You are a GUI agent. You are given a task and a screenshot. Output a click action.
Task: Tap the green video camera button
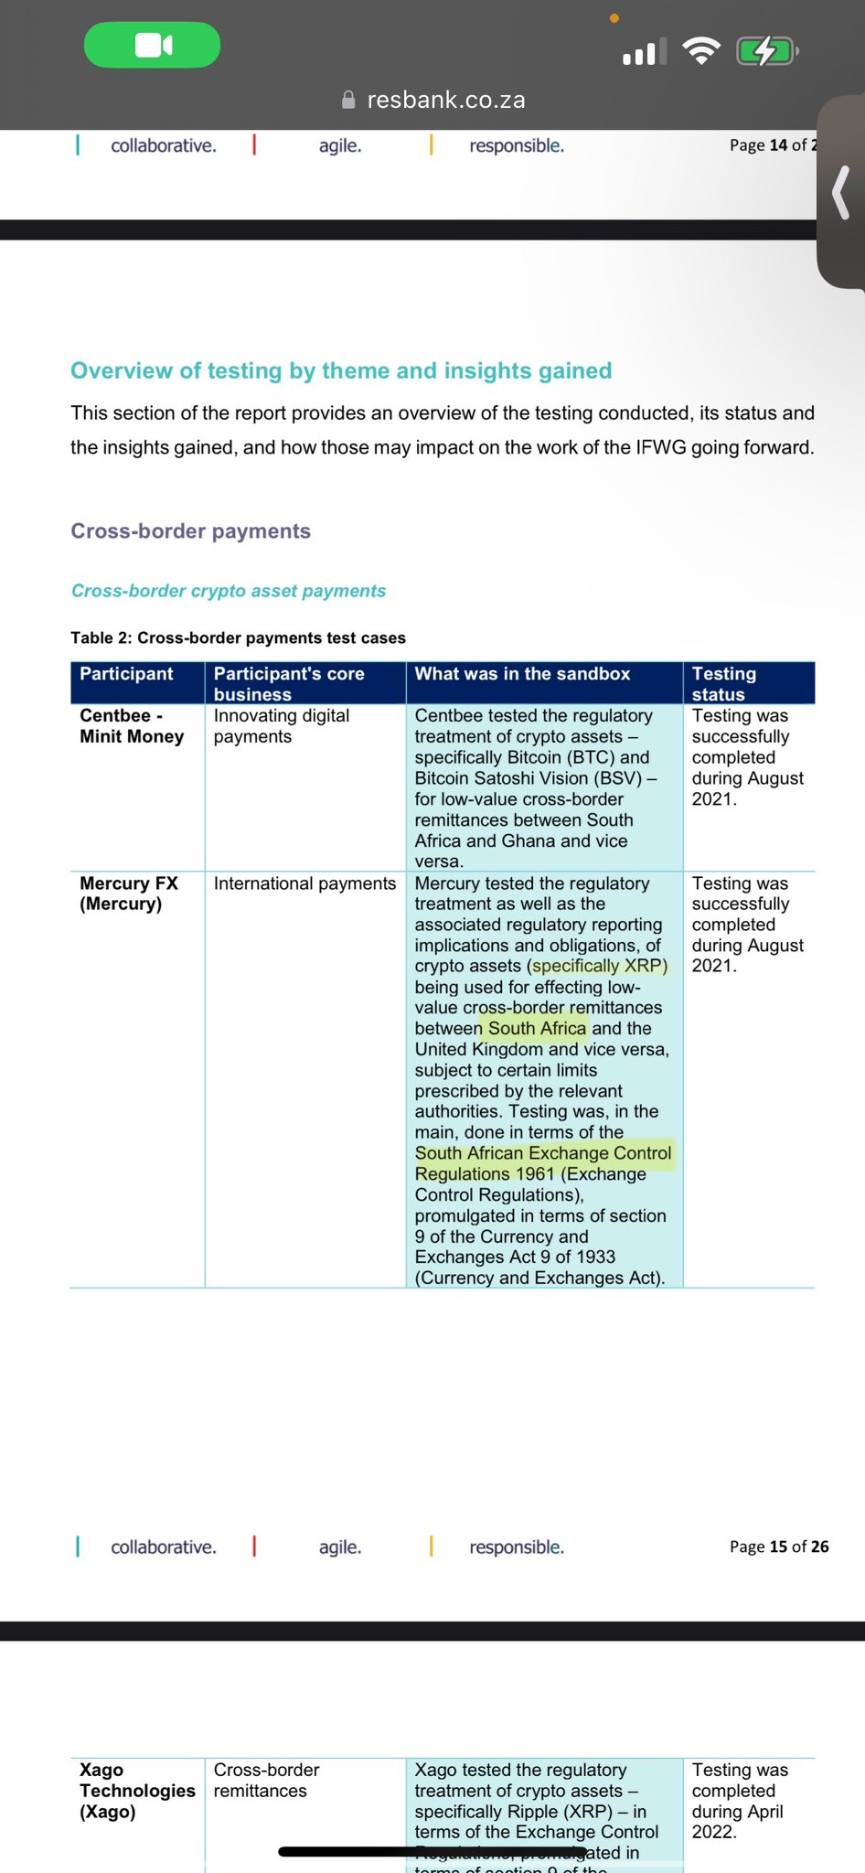153,45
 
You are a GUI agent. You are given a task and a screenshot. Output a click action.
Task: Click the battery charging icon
766,51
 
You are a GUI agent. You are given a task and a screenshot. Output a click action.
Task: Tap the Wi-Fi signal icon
700,51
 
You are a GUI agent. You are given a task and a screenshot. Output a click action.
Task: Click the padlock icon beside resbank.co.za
348,100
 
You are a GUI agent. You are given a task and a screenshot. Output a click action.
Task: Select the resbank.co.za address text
446,100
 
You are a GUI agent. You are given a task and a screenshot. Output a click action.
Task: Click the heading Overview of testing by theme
341,370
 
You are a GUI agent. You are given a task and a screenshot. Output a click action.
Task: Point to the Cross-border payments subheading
190,531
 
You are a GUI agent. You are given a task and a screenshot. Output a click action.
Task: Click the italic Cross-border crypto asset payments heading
229,591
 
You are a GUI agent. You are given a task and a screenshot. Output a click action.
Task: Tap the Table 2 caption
238,637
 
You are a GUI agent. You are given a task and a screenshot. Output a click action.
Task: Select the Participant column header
126,674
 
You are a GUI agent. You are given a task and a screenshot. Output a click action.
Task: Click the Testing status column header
724,683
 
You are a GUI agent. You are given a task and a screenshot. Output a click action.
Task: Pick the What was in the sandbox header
522,674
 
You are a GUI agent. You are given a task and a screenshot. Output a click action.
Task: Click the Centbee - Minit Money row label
132,726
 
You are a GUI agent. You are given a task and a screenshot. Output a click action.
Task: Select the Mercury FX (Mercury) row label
129,894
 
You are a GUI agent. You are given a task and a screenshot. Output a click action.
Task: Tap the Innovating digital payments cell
282,726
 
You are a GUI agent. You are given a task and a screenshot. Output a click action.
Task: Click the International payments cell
304,883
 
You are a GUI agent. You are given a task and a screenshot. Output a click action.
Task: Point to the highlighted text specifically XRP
600,966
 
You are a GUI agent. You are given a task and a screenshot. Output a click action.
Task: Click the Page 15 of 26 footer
779,1547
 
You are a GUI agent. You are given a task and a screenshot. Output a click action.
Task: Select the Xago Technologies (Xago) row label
137,1791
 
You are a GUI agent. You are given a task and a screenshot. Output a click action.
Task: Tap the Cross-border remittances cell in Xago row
267,1781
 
